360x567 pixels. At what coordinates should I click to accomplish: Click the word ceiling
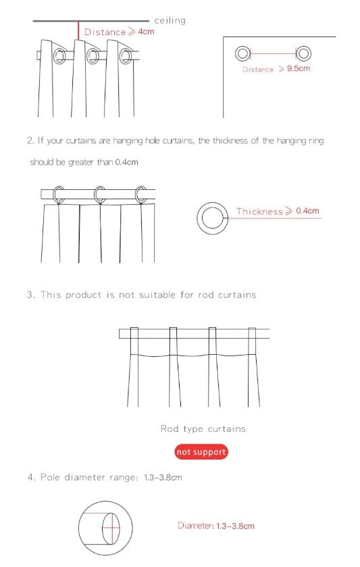(170, 20)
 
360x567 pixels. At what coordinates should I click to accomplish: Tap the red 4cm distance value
(146, 32)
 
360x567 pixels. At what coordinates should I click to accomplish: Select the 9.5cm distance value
(299, 68)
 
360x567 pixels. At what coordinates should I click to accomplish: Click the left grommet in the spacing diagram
(242, 53)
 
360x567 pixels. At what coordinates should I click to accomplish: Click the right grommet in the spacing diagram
(304, 53)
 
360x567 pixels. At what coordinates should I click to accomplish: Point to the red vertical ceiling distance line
(78, 30)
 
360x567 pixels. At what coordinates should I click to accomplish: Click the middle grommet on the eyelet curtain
(93, 56)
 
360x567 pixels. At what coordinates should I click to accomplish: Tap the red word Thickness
(259, 212)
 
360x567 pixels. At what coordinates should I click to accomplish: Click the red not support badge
(201, 452)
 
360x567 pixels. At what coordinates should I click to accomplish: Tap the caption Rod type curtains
(203, 429)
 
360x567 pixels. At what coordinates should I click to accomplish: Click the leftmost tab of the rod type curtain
(134, 341)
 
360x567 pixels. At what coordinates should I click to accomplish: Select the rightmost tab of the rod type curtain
(253, 341)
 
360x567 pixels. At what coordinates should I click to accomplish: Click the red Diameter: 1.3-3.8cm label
(216, 525)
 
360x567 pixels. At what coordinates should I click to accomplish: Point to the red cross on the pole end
(111, 528)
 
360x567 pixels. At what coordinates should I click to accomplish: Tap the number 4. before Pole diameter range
(32, 477)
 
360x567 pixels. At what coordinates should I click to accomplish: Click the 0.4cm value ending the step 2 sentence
(126, 162)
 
